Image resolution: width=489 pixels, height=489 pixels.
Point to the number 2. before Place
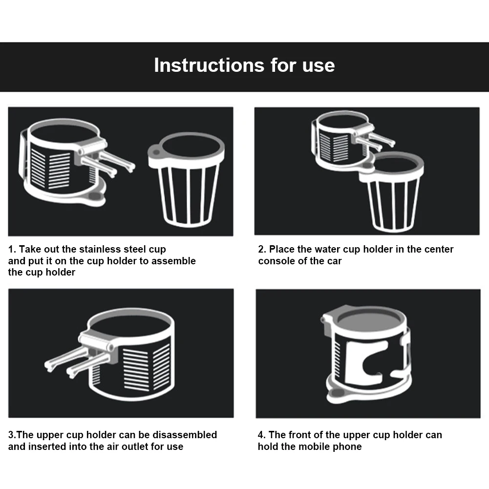262,249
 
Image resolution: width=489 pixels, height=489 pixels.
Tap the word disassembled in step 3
185,435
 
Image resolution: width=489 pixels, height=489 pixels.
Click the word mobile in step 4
314,446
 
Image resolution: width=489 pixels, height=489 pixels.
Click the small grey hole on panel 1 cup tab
156,152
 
